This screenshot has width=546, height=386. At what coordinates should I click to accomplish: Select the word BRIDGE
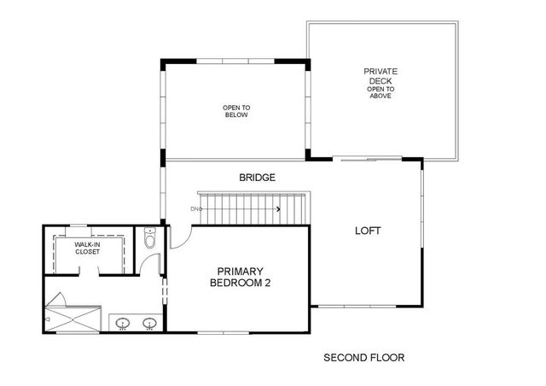[257, 178]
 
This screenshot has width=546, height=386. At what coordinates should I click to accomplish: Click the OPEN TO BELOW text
[236, 111]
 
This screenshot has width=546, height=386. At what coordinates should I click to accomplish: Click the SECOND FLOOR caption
[363, 358]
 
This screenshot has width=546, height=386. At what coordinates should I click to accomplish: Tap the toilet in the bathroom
[149, 239]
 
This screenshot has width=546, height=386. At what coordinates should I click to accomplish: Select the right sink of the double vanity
[149, 323]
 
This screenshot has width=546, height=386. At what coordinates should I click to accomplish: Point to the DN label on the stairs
[195, 208]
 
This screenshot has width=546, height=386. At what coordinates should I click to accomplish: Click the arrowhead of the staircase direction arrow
[278, 208]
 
